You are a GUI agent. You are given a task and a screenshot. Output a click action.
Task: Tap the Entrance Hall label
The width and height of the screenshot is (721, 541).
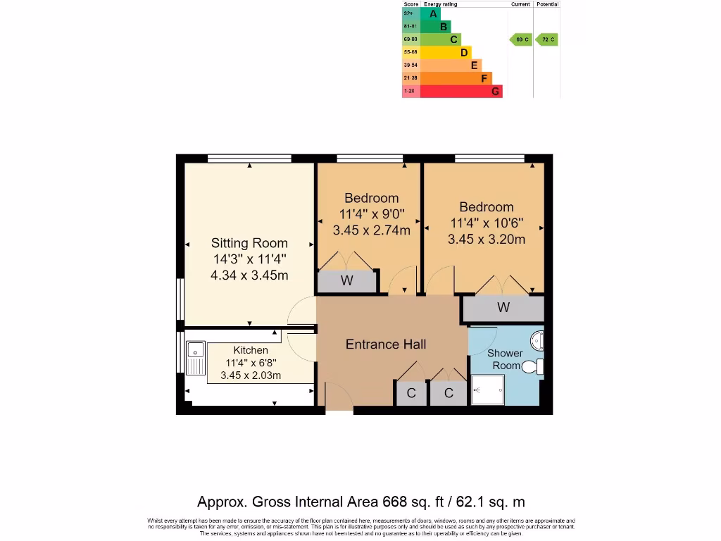click(x=385, y=344)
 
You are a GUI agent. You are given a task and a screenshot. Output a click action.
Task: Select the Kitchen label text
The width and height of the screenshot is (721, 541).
click(x=251, y=350)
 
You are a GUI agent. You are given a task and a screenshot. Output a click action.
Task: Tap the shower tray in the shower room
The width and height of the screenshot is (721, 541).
click(x=487, y=390)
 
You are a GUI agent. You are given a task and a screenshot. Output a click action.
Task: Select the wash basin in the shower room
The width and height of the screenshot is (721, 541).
click(x=538, y=341)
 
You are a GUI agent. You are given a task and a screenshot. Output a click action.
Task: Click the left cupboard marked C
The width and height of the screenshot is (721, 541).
click(x=411, y=393)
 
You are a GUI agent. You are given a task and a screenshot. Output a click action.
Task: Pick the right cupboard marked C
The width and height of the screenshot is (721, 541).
click(x=449, y=393)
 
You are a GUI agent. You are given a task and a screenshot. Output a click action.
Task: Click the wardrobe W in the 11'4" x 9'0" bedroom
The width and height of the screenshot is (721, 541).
click(x=346, y=281)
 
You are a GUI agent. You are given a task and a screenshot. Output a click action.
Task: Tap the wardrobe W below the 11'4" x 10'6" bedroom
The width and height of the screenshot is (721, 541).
click(x=503, y=308)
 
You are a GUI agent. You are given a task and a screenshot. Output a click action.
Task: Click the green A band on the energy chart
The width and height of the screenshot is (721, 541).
click(x=430, y=13)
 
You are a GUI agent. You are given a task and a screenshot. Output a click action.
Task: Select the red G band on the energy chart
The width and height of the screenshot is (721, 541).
click(x=460, y=91)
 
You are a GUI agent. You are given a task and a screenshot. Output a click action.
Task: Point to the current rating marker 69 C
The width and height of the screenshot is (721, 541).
click(x=520, y=39)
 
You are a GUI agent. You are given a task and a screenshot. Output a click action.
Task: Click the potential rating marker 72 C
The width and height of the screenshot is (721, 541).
click(x=546, y=39)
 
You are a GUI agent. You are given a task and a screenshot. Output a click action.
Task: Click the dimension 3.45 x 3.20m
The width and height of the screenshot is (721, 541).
click(x=486, y=239)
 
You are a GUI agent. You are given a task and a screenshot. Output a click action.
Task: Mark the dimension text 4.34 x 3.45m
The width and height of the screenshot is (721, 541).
click(x=249, y=275)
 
